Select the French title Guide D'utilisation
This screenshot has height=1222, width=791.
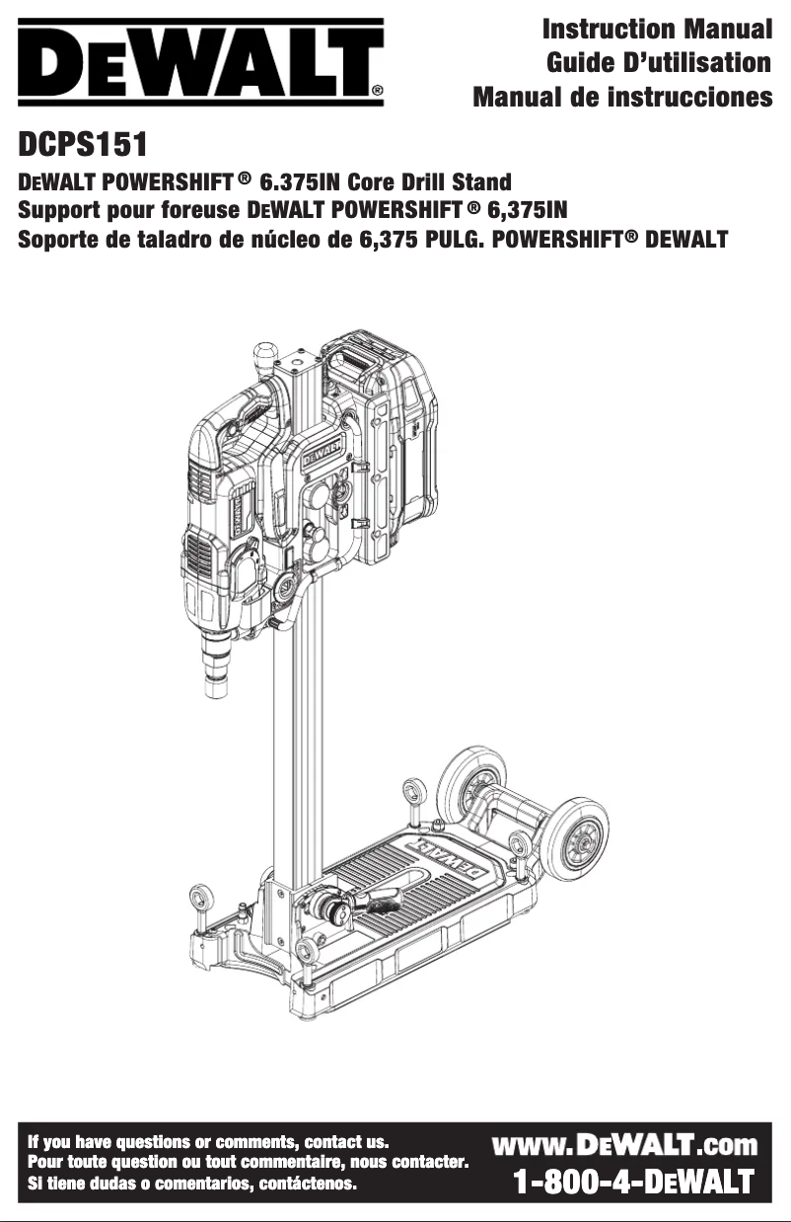point(659,64)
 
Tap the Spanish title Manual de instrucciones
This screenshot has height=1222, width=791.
point(622,98)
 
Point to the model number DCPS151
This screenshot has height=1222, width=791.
point(83,146)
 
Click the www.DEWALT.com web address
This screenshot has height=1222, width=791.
point(624,1144)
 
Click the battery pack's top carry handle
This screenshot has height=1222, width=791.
point(352,361)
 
